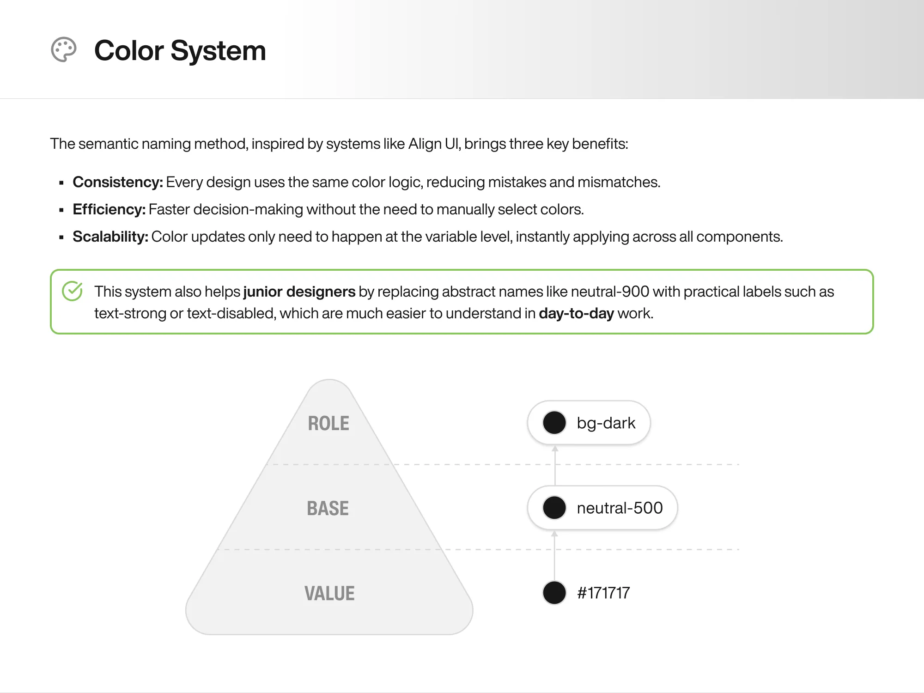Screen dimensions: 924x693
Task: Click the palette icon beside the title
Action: tap(63, 49)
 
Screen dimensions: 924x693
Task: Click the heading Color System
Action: tap(180, 50)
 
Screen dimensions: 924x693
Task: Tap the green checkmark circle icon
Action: tap(72, 291)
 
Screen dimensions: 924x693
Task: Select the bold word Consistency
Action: tap(117, 182)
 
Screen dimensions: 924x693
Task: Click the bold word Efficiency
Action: tap(109, 209)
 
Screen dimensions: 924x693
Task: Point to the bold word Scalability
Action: tap(110, 237)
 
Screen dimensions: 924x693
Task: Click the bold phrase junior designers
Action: tap(299, 292)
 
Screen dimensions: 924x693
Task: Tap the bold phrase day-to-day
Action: tap(576, 313)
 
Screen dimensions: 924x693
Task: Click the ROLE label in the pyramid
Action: tap(328, 423)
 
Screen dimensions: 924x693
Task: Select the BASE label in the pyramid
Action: tap(328, 508)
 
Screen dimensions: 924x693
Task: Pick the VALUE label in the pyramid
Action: tap(329, 593)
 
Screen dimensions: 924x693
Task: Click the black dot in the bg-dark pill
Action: tap(554, 423)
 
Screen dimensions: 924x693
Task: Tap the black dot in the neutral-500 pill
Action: tap(554, 508)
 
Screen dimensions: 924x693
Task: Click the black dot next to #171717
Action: tap(554, 593)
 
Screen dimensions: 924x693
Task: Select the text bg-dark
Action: tap(606, 423)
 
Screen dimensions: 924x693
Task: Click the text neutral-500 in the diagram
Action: tap(620, 508)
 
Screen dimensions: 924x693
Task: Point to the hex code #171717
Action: tap(603, 593)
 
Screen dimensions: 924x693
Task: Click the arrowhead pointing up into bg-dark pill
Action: tap(555, 449)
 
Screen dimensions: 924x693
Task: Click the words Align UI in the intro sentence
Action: tap(434, 144)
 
